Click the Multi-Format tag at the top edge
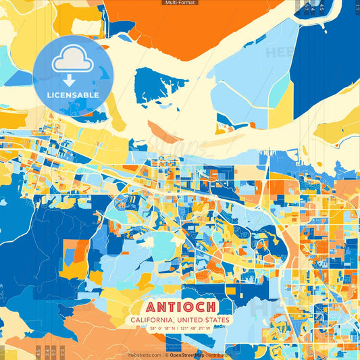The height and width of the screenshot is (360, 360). point(180,3)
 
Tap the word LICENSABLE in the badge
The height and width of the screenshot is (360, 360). point(73,95)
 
